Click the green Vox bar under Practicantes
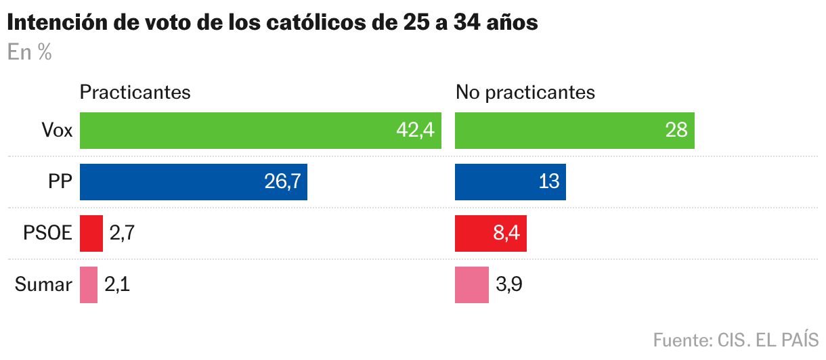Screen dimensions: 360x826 (261, 130)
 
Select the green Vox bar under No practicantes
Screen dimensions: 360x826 (575, 130)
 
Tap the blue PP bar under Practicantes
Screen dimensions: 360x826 (194, 181)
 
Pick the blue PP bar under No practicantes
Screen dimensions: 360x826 (510, 181)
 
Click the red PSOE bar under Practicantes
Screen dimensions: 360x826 (91, 233)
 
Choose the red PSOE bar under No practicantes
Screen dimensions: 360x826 (491, 233)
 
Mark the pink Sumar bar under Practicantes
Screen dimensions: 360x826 (89, 285)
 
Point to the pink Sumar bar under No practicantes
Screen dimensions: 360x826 (472, 285)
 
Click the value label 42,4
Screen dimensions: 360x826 (414, 130)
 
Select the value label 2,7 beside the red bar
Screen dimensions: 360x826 (123, 233)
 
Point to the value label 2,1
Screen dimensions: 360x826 (117, 285)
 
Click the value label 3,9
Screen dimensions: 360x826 (508, 285)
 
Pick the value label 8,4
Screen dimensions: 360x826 (506, 233)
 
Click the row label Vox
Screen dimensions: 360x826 (57, 130)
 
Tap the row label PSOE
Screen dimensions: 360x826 (47, 233)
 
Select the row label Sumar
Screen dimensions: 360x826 (43, 285)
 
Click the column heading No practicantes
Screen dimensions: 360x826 (525, 92)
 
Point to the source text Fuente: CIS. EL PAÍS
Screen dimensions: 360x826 (736, 339)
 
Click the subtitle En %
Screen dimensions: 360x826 (30, 53)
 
